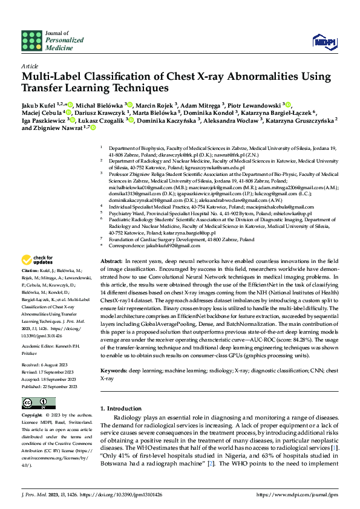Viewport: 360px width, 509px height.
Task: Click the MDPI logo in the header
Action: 323,41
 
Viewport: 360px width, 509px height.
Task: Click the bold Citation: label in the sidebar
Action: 31,288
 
